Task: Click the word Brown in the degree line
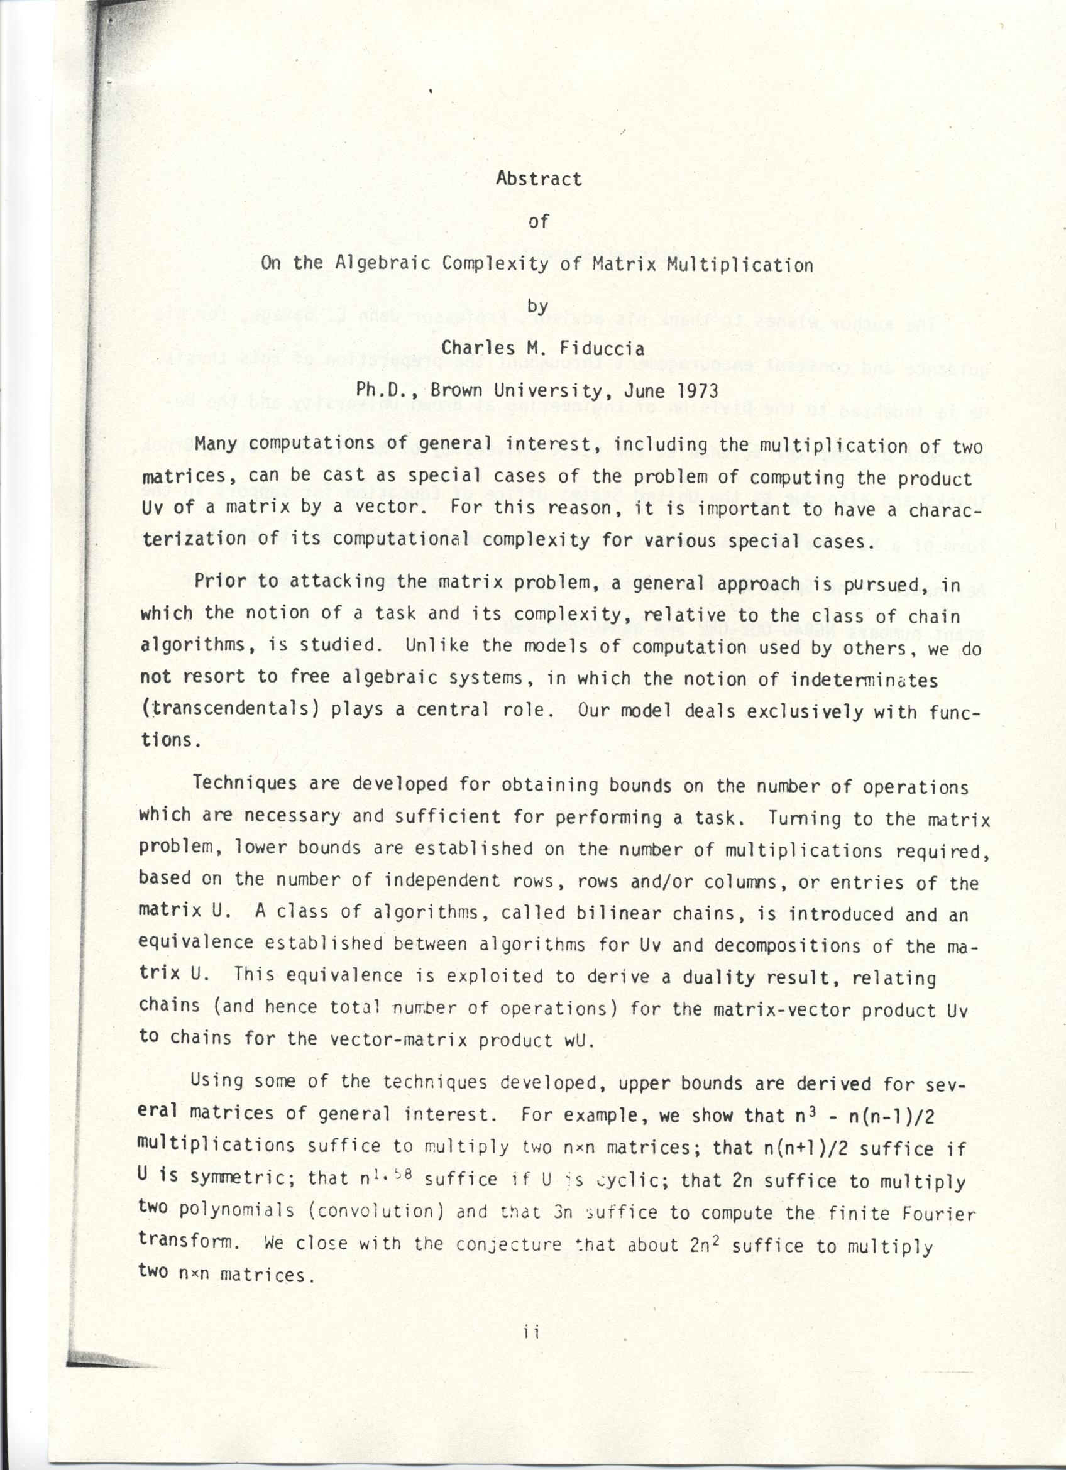[x=458, y=391]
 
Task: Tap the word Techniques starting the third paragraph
[x=245, y=784]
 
